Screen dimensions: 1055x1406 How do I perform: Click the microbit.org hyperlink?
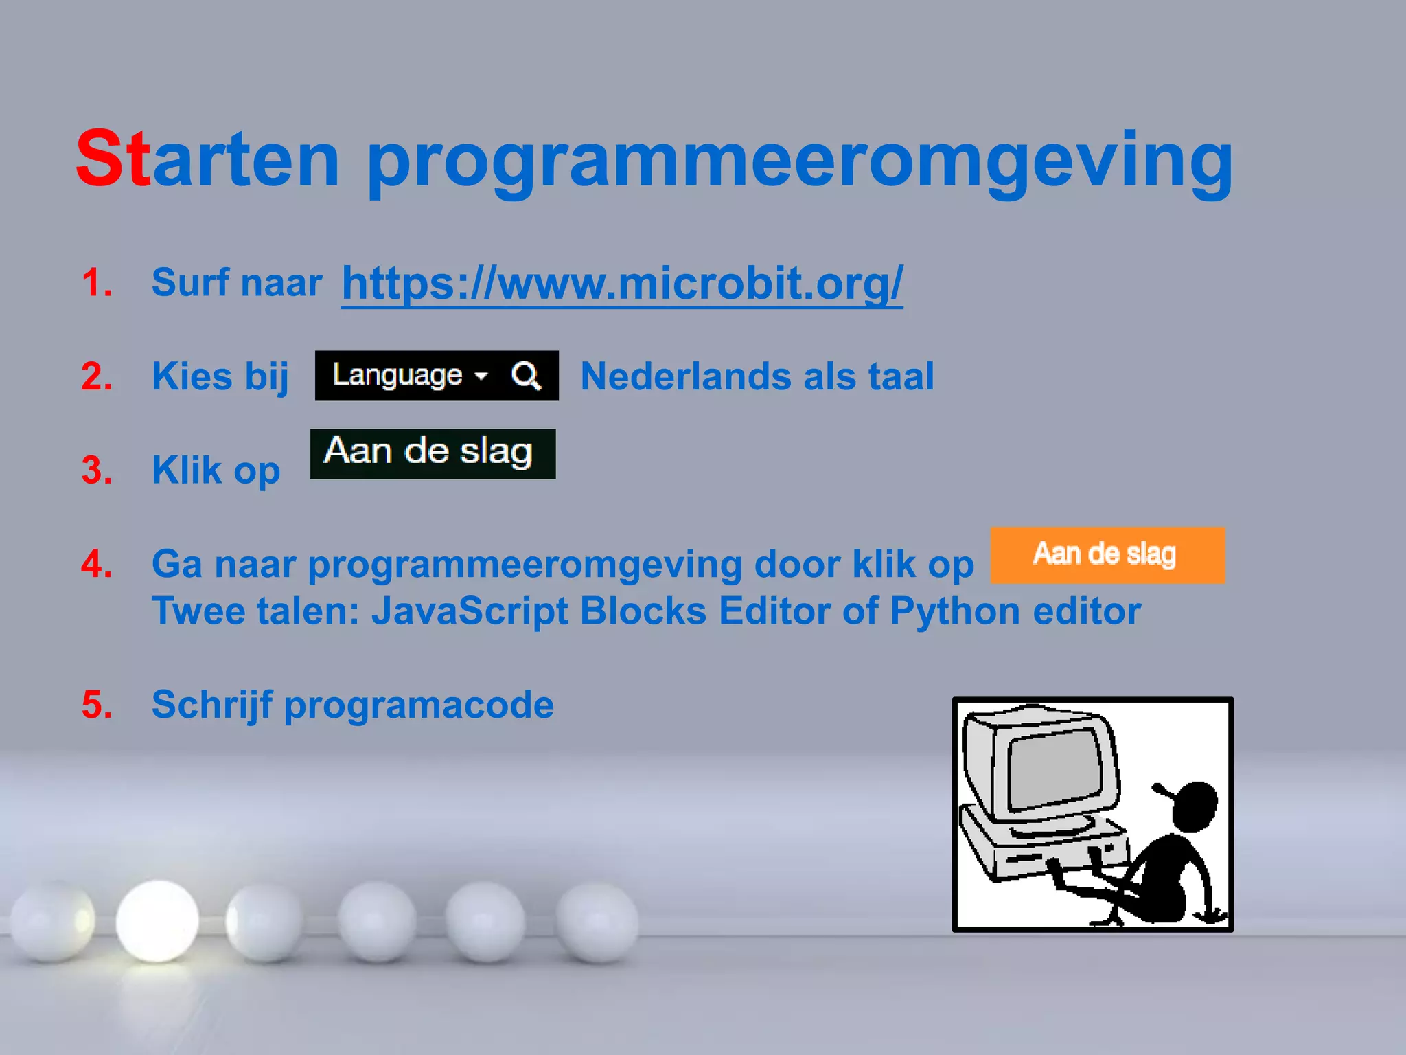622,283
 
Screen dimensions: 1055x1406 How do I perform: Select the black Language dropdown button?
410,375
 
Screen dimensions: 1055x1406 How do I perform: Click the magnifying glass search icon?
526,376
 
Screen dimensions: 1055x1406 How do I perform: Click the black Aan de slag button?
433,453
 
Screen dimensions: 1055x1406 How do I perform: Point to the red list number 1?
97,283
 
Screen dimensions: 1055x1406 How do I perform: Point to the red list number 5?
97,705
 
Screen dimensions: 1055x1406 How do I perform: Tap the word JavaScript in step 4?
470,611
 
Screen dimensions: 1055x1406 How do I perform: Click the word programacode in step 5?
419,705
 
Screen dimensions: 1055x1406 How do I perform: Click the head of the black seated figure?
1195,807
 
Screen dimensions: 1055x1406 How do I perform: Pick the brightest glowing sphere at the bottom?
157,920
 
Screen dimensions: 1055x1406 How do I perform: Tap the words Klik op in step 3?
216,470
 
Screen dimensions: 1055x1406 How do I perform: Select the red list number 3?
97,470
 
